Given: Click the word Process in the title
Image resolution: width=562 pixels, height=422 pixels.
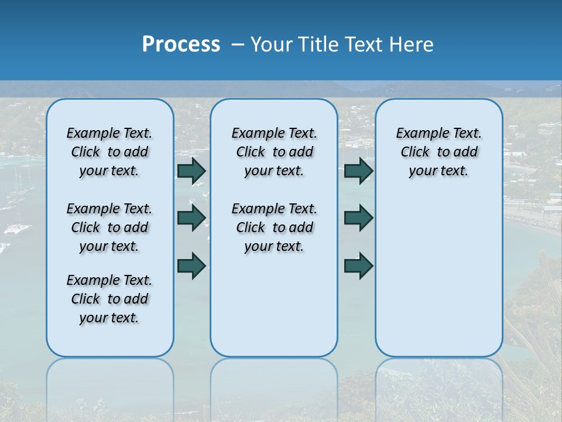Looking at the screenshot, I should click(181, 45).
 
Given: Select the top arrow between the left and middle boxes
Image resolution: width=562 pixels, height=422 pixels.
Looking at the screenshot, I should click(191, 171).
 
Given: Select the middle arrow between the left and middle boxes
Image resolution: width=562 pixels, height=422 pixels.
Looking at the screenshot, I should click(191, 218).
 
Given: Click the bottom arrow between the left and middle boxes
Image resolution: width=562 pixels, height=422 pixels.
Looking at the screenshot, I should click(191, 266).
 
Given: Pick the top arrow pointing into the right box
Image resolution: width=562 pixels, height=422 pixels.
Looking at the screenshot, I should click(358, 171).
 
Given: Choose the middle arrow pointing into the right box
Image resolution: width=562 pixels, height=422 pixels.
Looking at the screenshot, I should click(358, 218).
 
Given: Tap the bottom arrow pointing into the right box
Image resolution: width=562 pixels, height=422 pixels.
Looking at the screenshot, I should click(358, 266).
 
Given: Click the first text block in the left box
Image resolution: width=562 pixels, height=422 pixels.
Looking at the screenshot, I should click(109, 152).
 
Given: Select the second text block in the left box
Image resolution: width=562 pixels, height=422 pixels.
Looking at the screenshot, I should click(109, 227).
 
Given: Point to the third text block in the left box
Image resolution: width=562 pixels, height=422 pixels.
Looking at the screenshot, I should click(109, 299).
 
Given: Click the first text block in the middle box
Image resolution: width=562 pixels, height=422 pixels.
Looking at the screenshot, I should click(274, 152).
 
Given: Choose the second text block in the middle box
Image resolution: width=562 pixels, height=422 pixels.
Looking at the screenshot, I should click(274, 227).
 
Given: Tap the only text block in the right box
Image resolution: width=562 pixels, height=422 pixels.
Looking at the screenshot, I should click(438, 152).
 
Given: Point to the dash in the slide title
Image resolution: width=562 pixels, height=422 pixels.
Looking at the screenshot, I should click(238, 45).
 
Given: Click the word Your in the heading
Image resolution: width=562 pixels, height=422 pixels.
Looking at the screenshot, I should click(272, 45).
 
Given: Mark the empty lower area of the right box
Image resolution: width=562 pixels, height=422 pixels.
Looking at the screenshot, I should click(438, 275).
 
